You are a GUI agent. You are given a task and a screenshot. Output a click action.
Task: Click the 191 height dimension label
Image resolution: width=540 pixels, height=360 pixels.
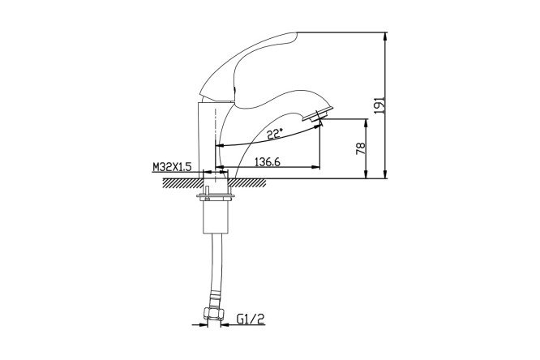[x=379, y=105]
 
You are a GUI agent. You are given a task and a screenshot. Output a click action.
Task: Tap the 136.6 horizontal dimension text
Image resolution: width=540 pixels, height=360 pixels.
[x=268, y=161]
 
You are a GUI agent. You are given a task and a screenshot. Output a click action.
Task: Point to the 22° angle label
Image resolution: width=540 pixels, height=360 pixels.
[x=275, y=134]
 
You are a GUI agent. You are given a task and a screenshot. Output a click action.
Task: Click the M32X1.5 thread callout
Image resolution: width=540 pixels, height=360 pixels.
[x=172, y=167]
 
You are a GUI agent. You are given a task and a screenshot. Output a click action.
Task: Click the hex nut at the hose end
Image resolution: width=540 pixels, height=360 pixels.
[x=213, y=313]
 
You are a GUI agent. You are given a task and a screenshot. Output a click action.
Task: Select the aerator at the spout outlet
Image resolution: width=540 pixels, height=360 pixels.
[x=318, y=114]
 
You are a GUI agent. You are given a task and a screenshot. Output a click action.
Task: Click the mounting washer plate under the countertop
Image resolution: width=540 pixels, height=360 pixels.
[x=216, y=197]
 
